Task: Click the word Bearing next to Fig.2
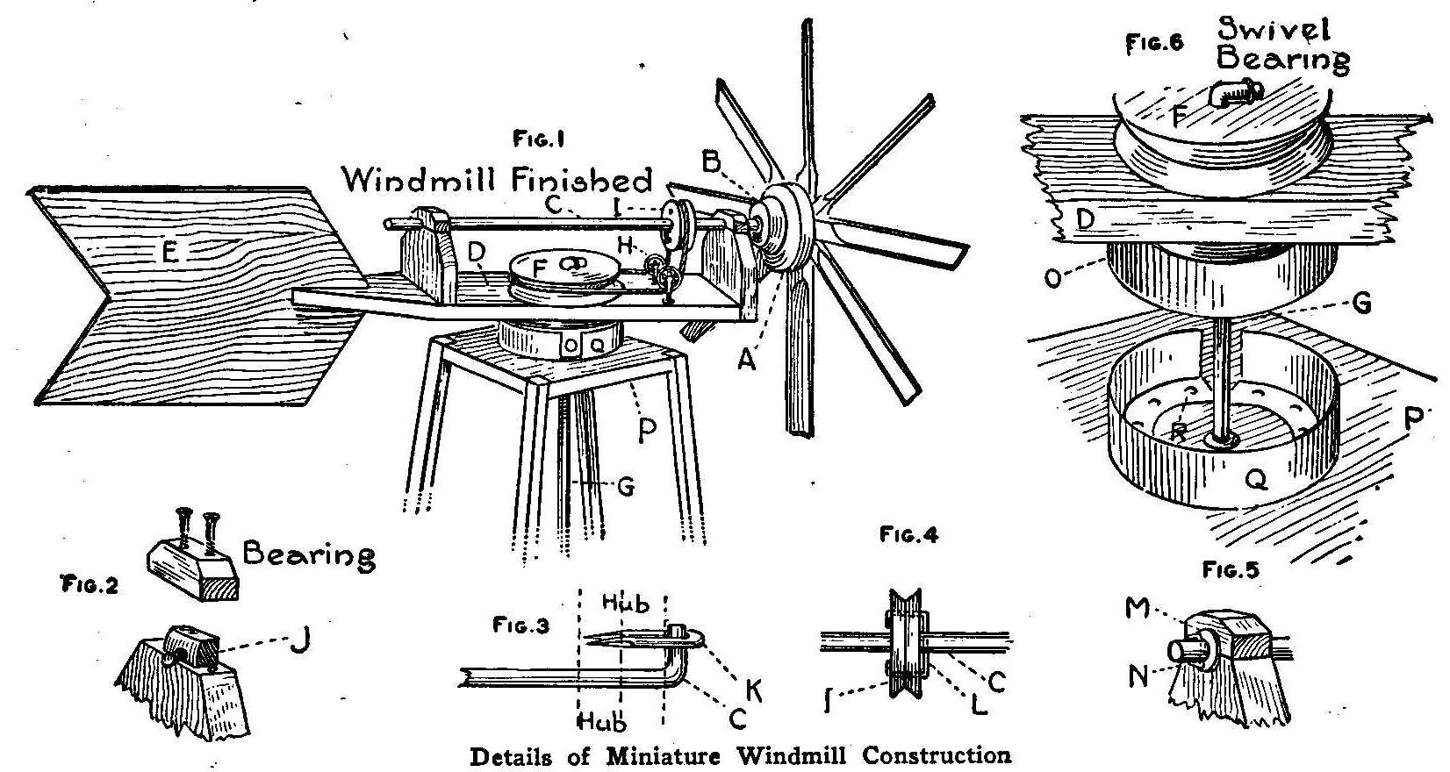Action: click(308, 555)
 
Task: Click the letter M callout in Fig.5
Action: click(1137, 608)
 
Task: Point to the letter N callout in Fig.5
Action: click(1138, 678)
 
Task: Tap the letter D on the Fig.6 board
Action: click(1084, 218)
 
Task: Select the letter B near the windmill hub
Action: click(712, 161)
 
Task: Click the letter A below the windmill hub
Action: click(745, 360)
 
